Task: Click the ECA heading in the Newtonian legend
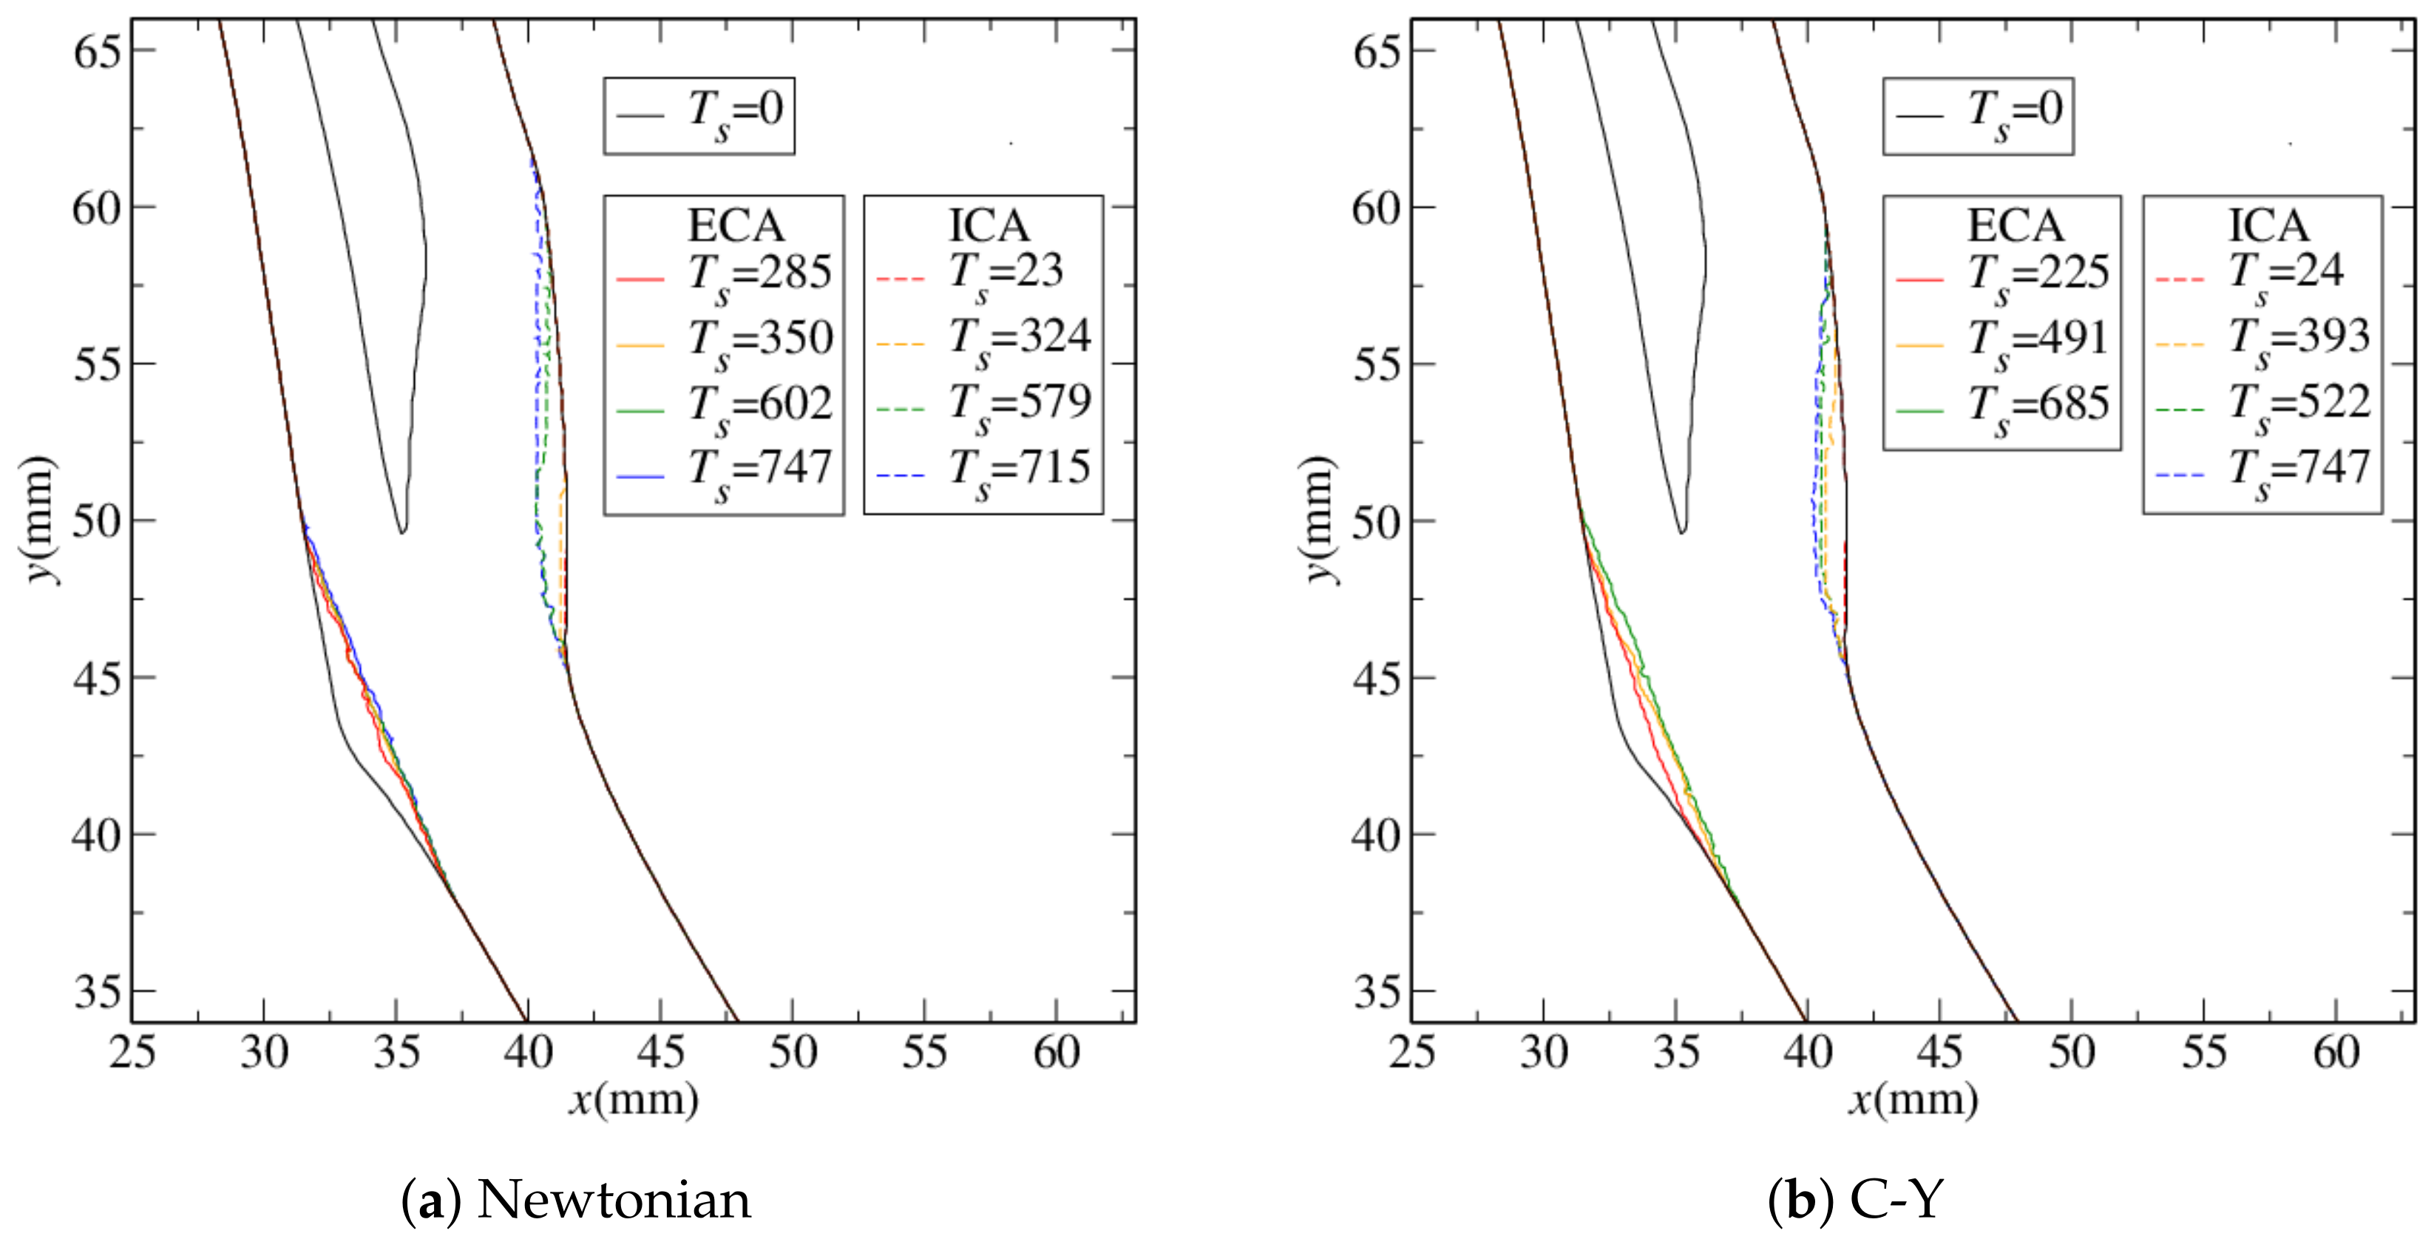[x=735, y=225]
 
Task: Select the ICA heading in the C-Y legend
[x=2268, y=225]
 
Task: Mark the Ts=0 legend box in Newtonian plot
[x=699, y=115]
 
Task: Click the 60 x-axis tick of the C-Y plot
[x=2336, y=1052]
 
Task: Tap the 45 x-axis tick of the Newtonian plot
[x=660, y=1052]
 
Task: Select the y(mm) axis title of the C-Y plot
[x=1322, y=520]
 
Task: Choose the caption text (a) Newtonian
[x=577, y=1201]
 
